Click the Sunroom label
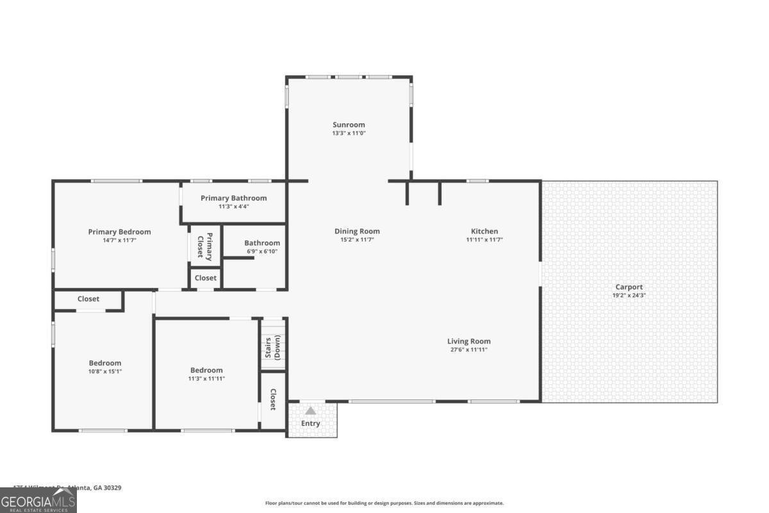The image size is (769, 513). pos(349,125)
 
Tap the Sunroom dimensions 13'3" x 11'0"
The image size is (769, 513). pos(349,133)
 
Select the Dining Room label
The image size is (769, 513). pos(357,231)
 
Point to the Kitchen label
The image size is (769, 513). pos(484,231)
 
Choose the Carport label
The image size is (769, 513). pos(629,287)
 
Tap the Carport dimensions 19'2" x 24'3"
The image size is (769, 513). pos(629,296)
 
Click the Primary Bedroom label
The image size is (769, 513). pos(119,232)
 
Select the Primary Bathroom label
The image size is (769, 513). pos(233,198)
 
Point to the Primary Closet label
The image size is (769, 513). pos(204,244)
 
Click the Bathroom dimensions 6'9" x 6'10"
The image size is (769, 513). pos(261,251)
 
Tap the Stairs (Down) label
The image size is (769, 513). pos(273,347)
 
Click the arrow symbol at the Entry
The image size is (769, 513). pos(311,410)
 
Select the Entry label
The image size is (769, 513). pos(311,423)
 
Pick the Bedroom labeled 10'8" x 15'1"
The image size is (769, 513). pos(104,363)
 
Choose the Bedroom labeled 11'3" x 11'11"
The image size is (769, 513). pos(206,370)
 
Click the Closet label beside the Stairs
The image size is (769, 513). pos(273,399)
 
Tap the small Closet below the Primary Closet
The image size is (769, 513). pos(206,278)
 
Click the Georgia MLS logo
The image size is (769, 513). pos(38,500)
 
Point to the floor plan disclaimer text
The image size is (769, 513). pos(384,503)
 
